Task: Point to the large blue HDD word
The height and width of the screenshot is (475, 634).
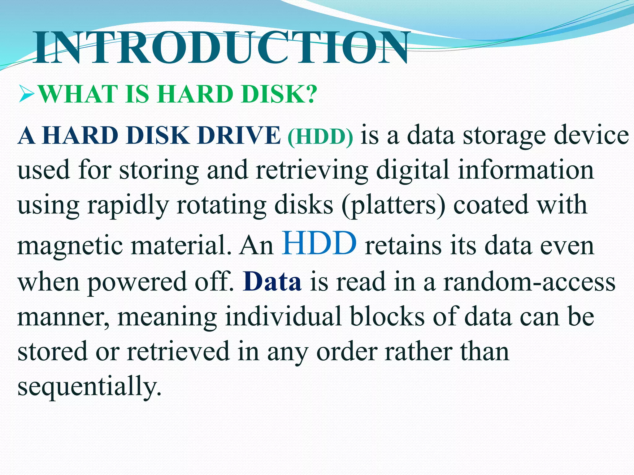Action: point(319,243)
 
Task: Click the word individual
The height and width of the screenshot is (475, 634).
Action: point(283,317)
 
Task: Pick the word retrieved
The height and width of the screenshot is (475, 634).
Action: point(178,352)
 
